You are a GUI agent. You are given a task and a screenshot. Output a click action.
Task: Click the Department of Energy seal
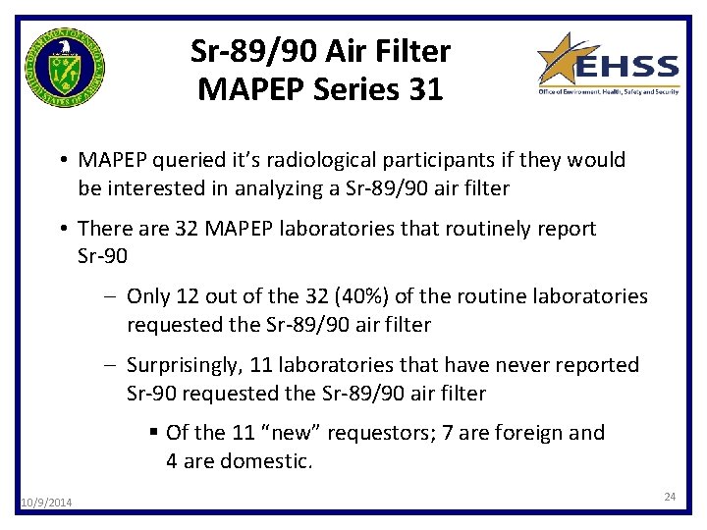pos(66,68)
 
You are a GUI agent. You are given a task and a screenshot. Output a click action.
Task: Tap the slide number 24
pos(670,498)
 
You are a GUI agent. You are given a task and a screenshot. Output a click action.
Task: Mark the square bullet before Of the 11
pos(155,433)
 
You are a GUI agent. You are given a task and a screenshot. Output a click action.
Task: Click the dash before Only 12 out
pos(113,296)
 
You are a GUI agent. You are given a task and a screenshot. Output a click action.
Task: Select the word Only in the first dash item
pos(148,296)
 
